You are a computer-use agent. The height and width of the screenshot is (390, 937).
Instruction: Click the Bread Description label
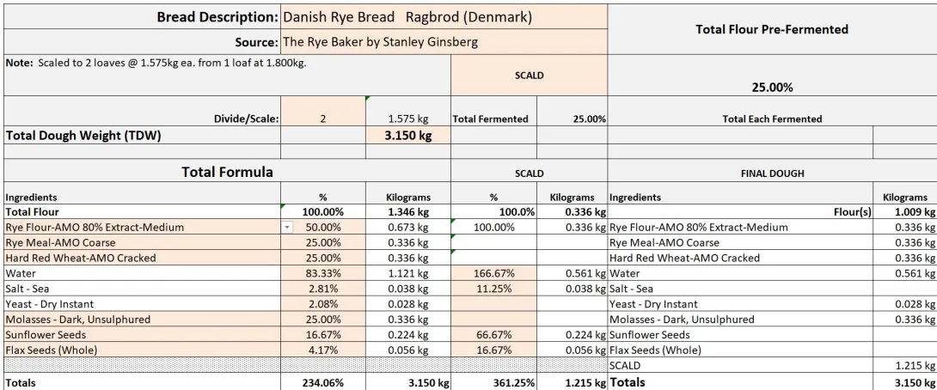[x=217, y=17]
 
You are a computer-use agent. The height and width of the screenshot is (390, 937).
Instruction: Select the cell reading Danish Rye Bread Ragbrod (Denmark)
[x=407, y=17]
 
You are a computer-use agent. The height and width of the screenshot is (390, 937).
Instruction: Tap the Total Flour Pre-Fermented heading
[x=771, y=29]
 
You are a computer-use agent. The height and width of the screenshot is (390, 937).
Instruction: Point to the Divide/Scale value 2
[x=322, y=119]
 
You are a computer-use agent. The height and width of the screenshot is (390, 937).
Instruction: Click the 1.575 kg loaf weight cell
[x=408, y=119]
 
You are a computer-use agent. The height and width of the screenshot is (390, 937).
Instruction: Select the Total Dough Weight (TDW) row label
[x=83, y=135]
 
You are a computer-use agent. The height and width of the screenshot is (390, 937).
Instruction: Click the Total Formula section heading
[x=227, y=173]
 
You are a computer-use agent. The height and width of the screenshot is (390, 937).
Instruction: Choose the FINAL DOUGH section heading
[x=771, y=174]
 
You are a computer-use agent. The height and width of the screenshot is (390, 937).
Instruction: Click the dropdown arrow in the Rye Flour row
[x=288, y=228]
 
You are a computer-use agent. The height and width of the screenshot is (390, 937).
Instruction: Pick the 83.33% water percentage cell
[x=324, y=273]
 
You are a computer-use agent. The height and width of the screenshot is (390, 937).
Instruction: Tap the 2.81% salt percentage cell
[x=324, y=289]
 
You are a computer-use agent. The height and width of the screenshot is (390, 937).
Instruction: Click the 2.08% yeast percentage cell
[x=324, y=304]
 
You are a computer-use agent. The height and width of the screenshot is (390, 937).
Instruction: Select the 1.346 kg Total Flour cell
[x=408, y=211]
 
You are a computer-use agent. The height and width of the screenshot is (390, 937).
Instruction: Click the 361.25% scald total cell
[x=493, y=382]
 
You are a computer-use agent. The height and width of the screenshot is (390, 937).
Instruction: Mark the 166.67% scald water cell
[x=493, y=273]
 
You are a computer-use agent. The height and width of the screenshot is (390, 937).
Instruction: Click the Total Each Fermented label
[x=771, y=119]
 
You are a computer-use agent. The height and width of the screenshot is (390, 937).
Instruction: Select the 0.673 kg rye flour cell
[x=408, y=228]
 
